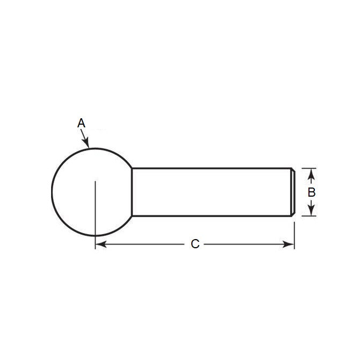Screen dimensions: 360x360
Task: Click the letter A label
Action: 81,123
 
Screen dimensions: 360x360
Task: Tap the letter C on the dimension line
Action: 195,244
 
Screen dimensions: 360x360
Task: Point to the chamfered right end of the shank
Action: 293,192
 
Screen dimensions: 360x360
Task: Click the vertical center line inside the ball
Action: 95,210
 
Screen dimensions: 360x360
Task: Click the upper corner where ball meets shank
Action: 132,168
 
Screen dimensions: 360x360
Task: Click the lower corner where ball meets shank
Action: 132,216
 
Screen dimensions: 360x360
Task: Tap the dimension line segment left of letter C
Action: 145,244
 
